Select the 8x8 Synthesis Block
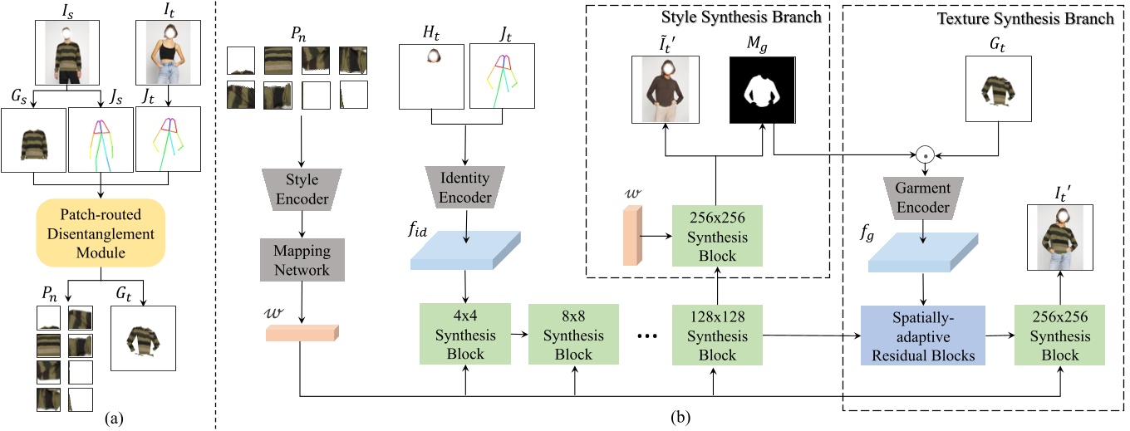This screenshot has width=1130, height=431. [573, 334]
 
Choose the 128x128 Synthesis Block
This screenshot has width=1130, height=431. [715, 334]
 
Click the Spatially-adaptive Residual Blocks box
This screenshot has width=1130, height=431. [922, 335]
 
